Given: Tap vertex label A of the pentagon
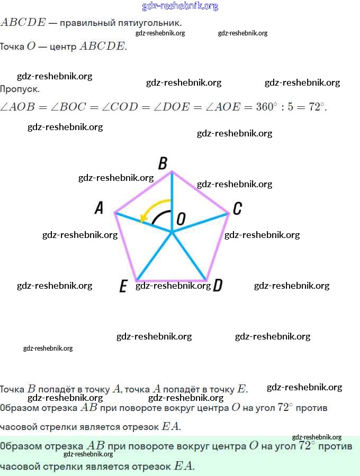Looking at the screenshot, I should click(98, 208).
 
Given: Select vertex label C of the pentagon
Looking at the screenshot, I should click(237, 208).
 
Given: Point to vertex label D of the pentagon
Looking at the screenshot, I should click(217, 286).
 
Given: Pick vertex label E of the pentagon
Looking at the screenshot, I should click(123, 287).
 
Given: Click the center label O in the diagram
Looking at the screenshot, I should click(181, 219).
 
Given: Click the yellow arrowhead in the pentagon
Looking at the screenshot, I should click(143, 218).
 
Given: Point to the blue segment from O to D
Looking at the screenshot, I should click(188, 255).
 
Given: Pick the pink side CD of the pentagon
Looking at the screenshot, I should click(218, 247).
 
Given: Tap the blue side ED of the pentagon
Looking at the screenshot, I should click(171, 280).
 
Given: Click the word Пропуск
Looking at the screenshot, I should click(20, 89).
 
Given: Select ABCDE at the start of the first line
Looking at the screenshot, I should click(23, 23).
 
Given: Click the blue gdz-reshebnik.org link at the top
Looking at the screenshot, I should click(180, 6).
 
